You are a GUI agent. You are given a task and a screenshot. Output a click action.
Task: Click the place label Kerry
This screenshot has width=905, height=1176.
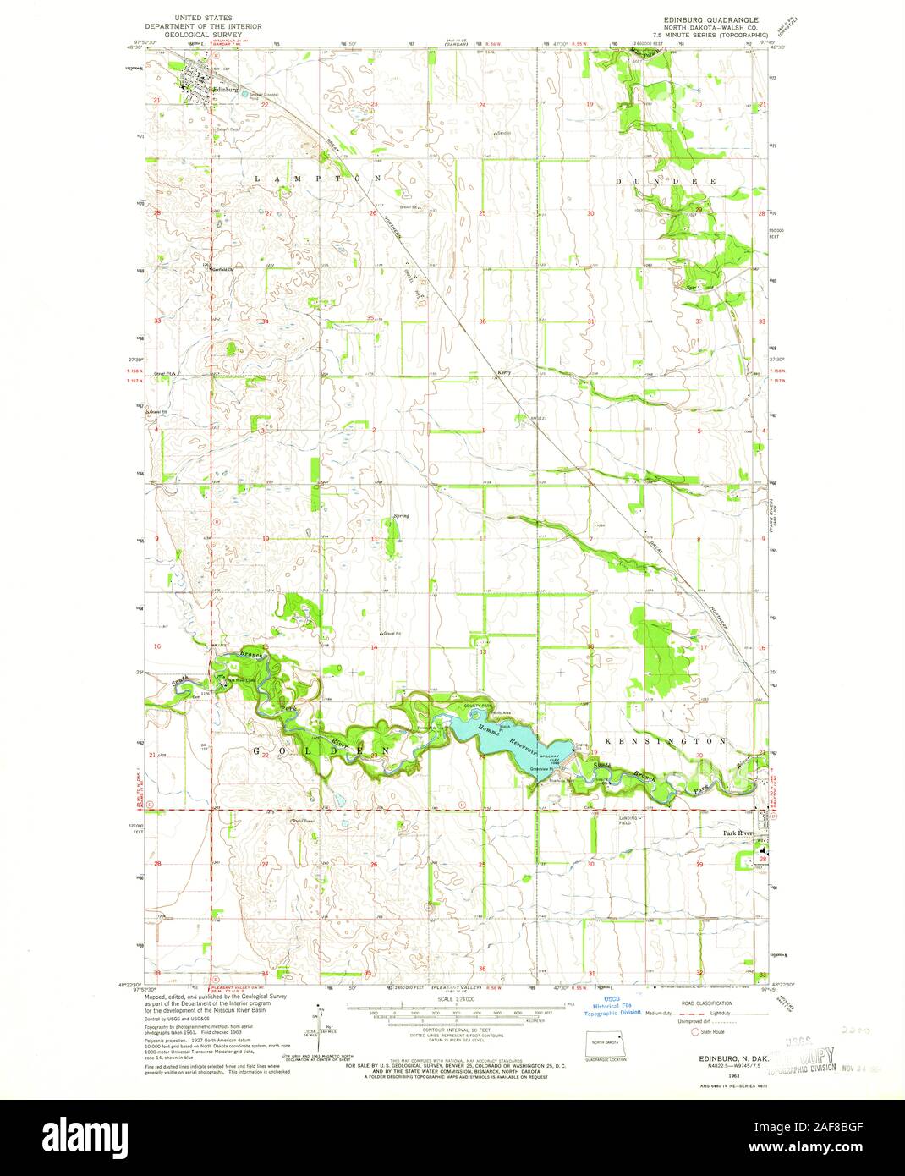tap(505, 372)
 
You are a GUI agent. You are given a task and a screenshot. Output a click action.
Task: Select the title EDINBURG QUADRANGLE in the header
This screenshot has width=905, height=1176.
tap(706, 18)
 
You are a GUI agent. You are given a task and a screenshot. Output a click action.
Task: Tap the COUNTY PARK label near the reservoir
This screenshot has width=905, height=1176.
tap(476, 706)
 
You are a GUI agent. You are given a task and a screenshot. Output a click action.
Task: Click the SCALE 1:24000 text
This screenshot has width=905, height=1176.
tap(456, 999)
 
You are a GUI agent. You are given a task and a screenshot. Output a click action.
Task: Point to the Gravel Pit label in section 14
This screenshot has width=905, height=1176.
tap(390, 633)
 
